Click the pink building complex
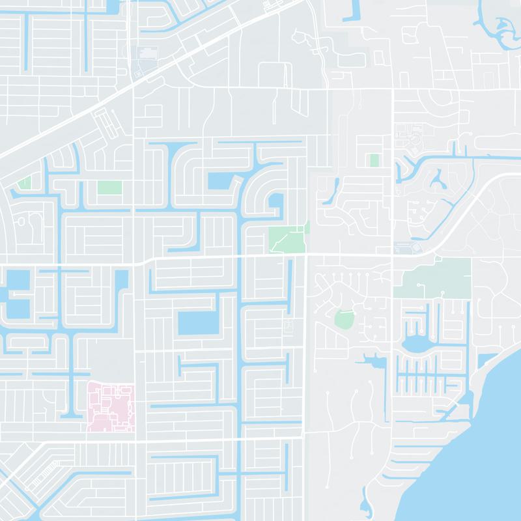(111, 407)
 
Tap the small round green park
(343, 319)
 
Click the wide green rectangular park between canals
(109, 187)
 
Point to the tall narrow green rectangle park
(374, 160)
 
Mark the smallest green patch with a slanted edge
(24, 183)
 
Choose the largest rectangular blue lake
(199, 323)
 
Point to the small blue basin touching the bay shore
(486, 361)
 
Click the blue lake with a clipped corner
(221, 181)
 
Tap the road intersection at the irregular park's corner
(306, 255)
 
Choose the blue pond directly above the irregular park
(276, 205)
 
